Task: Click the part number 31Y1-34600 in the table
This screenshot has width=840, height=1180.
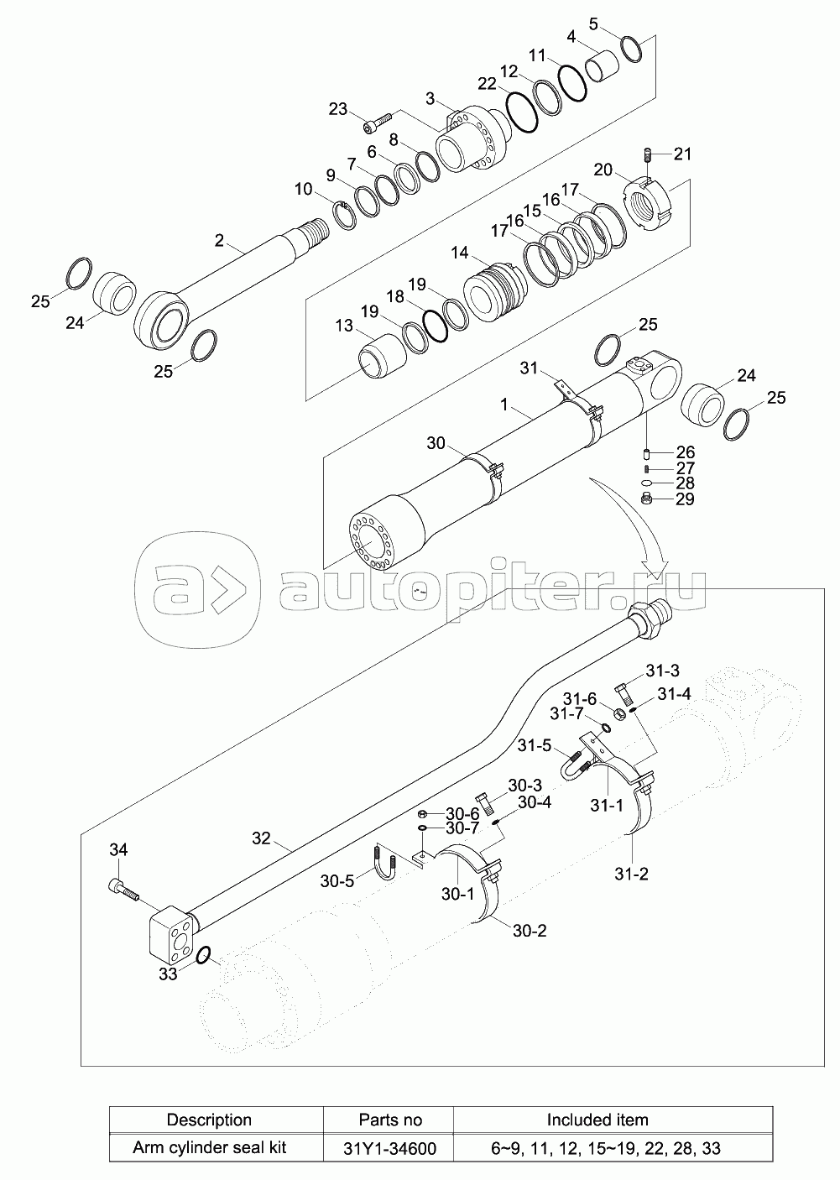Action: pyautogui.click(x=390, y=1148)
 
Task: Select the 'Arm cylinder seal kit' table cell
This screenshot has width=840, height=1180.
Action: pyautogui.click(x=210, y=1147)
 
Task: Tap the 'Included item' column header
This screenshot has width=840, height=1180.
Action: pyautogui.click(x=597, y=1120)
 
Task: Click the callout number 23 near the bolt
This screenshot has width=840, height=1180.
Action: pyautogui.click(x=337, y=109)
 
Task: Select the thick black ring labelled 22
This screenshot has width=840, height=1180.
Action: pyautogui.click(x=523, y=112)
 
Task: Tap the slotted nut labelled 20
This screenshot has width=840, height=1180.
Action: pyautogui.click(x=650, y=202)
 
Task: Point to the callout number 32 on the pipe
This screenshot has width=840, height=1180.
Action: pyautogui.click(x=261, y=838)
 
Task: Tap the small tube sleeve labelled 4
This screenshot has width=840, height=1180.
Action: pyautogui.click(x=602, y=67)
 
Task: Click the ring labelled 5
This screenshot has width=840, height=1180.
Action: pyautogui.click(x=631, y=49)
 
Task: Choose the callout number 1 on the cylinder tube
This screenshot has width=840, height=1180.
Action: pyautogui.click(x=503, y=405)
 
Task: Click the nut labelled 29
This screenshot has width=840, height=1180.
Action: pyautogui.click(x=648, y=501)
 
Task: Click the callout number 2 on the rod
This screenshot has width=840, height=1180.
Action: pyautogui.click(x=219, y=241)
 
